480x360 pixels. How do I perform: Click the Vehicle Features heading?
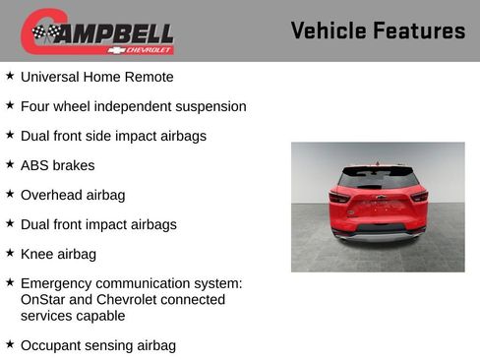(378, 31)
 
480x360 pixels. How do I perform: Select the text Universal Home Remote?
(96, 77)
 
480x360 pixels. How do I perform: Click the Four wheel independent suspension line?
(133, 106)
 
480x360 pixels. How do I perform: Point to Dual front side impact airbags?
(113, 136)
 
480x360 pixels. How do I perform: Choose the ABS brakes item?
(57, 165)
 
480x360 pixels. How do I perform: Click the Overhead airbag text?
(73, 195)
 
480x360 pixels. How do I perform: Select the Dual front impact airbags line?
(98, 224)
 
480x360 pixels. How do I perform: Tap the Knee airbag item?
(58, 254)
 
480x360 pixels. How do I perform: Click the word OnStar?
(44, 299)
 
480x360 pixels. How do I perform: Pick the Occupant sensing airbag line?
(97, 345)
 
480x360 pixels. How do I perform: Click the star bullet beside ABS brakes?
(10, 164)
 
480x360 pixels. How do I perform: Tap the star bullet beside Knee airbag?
(10, 253)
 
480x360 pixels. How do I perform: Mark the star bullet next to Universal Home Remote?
(10, 76)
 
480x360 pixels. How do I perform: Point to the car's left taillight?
(339, 197)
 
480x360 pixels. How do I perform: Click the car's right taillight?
(418, 197)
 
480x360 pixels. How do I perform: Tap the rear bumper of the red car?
(378, 232)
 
